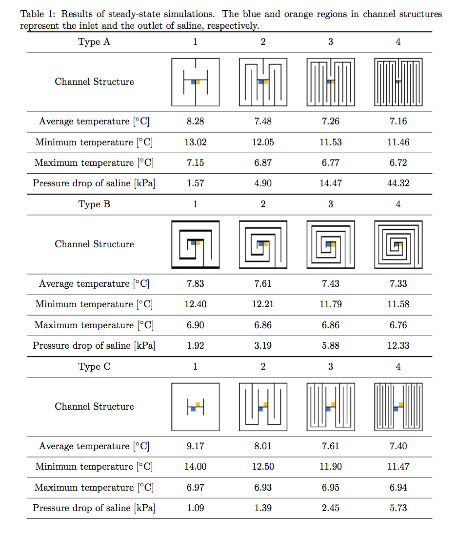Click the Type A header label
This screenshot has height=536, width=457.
[x=94, y=42]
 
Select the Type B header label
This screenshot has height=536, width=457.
[x=94, y=204]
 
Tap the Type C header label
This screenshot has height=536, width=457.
[x=94, y=367]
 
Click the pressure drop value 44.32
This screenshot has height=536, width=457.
[x=398, y=183]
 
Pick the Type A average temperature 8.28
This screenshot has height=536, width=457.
[x=195, y=121]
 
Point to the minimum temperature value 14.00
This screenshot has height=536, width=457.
[x=195, y=467]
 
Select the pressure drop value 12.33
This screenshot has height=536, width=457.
[x=398, y=346]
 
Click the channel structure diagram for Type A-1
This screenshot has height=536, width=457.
[x=195, y=82]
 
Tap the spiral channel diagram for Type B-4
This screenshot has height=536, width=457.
[x=398, y=244]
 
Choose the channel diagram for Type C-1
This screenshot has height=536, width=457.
[x=195, y=406]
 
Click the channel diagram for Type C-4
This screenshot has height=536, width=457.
[x=398, y=406]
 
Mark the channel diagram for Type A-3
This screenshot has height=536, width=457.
[x=331, y=82]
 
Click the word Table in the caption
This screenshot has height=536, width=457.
[x=30, y=14]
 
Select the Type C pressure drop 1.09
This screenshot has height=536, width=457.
[x=195, y=508]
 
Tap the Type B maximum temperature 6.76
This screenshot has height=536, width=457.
[x=398, y=325]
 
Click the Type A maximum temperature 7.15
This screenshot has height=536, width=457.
[x=195, y=163]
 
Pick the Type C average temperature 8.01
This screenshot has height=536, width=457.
[x=263, y=446]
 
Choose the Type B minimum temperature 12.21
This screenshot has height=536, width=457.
[x=263, y=304]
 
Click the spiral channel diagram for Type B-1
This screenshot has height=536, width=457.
[x=195, y=244]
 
